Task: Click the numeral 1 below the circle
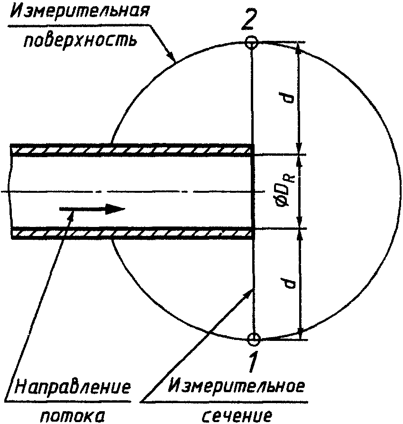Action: click(x=253, y=361)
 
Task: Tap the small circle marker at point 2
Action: click(x=252, y=43)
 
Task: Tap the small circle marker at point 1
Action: click(x=254, y=339)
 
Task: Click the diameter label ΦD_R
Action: click(x=283, y=191)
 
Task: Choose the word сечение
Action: click(x=238, y=415)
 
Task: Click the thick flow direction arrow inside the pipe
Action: click(x=92, y=209)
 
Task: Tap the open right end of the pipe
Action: click(x=253, y=191)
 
